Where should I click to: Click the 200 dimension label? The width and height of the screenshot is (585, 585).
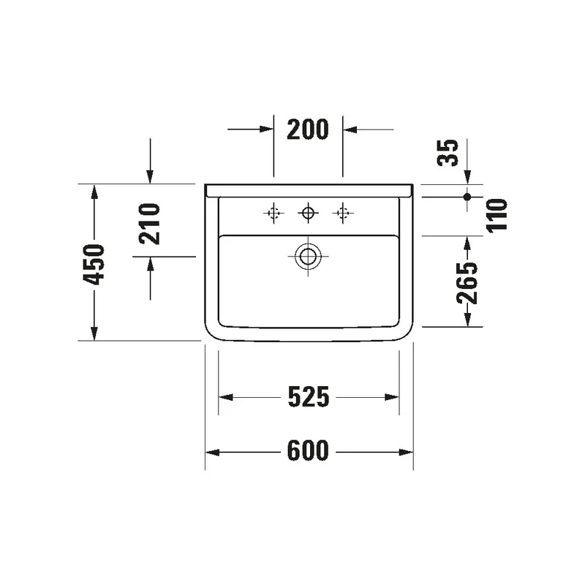pos(308,129)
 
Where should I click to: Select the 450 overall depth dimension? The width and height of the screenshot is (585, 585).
pos(94,264)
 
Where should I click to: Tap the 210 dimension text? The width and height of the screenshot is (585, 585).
pos(149,224)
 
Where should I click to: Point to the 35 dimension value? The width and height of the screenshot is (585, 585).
pos(448,153)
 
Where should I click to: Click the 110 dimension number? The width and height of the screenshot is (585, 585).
pos(497,216)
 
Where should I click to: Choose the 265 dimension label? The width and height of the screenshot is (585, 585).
pos(467,284)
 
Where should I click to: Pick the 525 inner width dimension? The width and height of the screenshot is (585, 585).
pos(309,396)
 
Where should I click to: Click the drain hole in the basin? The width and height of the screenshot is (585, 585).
pos(308,257)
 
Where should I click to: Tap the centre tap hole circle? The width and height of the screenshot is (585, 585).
pos(308,213)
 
